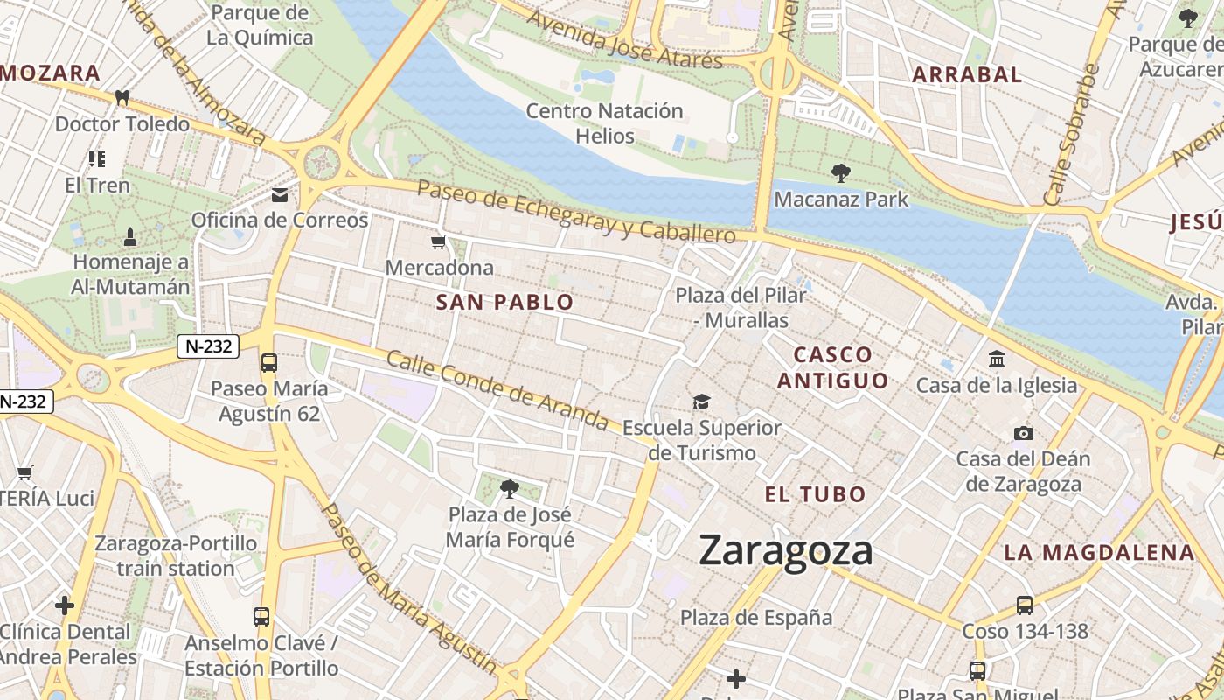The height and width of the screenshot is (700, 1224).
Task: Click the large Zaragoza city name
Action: point(786,551)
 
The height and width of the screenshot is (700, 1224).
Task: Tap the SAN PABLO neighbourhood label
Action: point(504,303)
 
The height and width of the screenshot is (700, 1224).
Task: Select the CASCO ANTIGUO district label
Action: point(832,367)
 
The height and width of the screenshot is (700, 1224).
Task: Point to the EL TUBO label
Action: point(815,494)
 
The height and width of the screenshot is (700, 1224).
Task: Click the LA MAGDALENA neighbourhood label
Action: point(1099,552)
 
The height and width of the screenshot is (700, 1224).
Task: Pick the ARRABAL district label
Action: point(967,75)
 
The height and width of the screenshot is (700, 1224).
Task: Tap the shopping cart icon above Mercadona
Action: point(439,241)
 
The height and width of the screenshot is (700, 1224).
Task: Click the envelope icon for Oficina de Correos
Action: point(280,194)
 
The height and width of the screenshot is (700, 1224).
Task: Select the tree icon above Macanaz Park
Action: point(841,173)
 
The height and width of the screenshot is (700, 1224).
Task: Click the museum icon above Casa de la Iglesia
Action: point(997,359)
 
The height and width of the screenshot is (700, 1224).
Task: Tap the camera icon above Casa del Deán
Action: point(1023,433)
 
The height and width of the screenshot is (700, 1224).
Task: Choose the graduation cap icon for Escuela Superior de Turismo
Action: point(701,402)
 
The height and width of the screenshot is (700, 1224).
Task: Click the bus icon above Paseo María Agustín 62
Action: point(269,362)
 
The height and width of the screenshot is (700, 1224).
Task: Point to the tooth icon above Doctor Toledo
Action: point(122,98)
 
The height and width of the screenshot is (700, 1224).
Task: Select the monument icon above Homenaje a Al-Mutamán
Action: point(130,236)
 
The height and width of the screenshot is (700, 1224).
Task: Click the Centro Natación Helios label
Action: point(604,123)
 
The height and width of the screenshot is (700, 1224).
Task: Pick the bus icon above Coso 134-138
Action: point(1025,605)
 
